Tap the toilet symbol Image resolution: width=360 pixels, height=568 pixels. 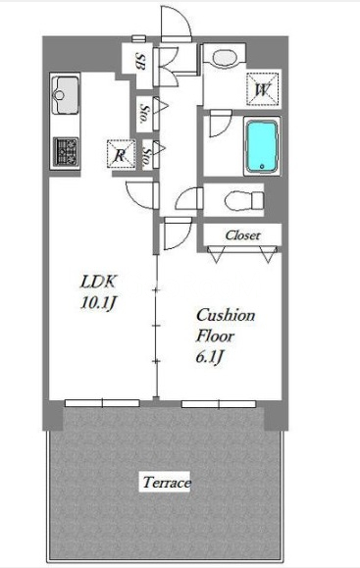(239, 201)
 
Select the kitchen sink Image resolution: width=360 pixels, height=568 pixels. (67, 96)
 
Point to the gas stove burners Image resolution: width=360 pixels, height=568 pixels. (66, 150)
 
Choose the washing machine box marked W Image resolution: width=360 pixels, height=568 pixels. (262, 89)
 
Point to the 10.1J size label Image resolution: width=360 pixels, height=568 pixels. (100, 302)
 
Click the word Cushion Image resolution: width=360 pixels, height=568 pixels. (225, 315)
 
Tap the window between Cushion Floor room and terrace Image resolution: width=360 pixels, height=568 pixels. (218, 402)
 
